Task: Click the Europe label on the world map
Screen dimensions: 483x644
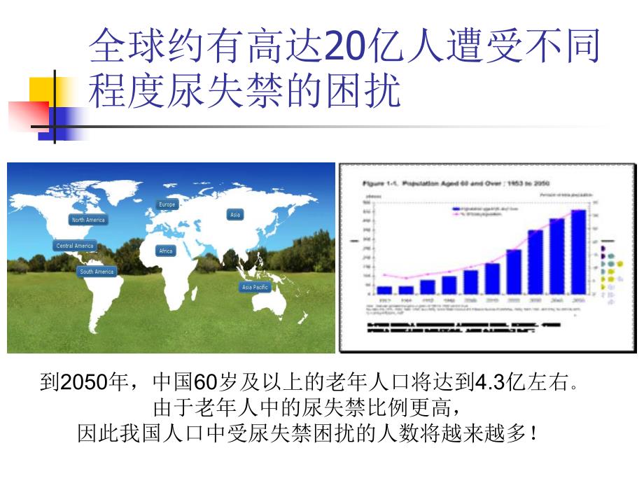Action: coord(167,204)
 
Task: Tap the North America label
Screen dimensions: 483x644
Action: coord(88,220)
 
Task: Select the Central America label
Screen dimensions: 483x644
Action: coord(75,246)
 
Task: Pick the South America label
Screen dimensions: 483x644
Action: coord(97,272)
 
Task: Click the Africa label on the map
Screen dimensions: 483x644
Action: coord(166,251)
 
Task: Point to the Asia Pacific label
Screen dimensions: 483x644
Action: coord(255,287)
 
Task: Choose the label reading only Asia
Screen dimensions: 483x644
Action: coord(235,214)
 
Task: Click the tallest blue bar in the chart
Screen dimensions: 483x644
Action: coord(578,252)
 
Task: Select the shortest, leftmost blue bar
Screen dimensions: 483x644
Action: coord(384,289)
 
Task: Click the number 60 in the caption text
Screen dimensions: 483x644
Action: coord(202,383)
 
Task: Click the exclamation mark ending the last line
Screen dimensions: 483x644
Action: coord(533,434)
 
